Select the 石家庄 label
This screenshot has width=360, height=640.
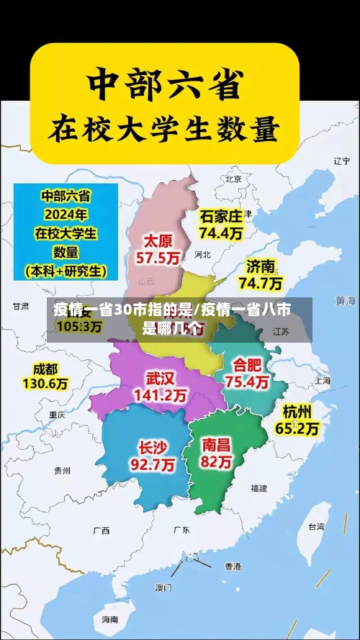[x=221, y=216]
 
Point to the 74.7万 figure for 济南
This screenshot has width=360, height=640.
[x=261, y=283]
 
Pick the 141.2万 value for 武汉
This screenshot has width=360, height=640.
[x=161, y=395]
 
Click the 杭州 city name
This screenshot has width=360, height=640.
[x=297, y=412]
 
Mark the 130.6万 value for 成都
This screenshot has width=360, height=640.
[x=45, y=384]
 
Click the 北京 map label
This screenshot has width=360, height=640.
[x=233, y=179]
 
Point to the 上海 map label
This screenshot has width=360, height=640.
[x=323, y=381]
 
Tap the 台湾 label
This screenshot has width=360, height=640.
[x=317, y=526]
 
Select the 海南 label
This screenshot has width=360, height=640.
[x=109, y=619]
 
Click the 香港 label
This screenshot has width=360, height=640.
[x=233, y=566]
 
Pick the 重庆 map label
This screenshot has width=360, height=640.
[x=57, y=415]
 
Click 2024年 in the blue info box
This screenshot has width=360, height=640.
[x=66, y=214]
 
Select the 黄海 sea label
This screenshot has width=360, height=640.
[x=346, y=299]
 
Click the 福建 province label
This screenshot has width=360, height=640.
[x=258, y=488]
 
